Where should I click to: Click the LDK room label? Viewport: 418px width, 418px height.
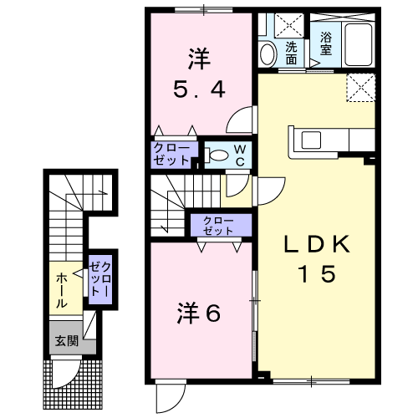click(317, 244)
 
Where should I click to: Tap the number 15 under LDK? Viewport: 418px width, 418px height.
click(317, 273)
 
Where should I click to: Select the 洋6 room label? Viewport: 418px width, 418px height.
click(199, 313)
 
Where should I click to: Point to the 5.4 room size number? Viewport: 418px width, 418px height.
click(199, 89)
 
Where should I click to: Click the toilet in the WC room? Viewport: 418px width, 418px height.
click(216, 155)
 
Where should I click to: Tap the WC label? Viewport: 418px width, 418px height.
click(240, 155)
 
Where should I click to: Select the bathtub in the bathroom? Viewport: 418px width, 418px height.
click(359, 45)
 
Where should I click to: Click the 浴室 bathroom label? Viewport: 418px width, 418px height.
click(326, 43)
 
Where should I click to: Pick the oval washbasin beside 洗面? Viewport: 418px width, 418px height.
click(268, 54)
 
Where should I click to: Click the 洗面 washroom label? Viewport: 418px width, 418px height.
click(291, 54)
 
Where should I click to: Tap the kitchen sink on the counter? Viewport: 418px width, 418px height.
click(311, 140)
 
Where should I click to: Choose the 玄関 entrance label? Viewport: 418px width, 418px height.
click(67, 341)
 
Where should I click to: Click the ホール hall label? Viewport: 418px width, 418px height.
click(62, 290)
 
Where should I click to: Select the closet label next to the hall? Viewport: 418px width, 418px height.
click(99, 279)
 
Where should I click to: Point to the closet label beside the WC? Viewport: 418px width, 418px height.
click(171, 155)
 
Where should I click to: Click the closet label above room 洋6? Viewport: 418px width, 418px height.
click(218, 226)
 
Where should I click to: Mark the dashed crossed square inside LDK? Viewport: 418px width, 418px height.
click(360, 88)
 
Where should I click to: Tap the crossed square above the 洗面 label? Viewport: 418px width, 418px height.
click(289, 25)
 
